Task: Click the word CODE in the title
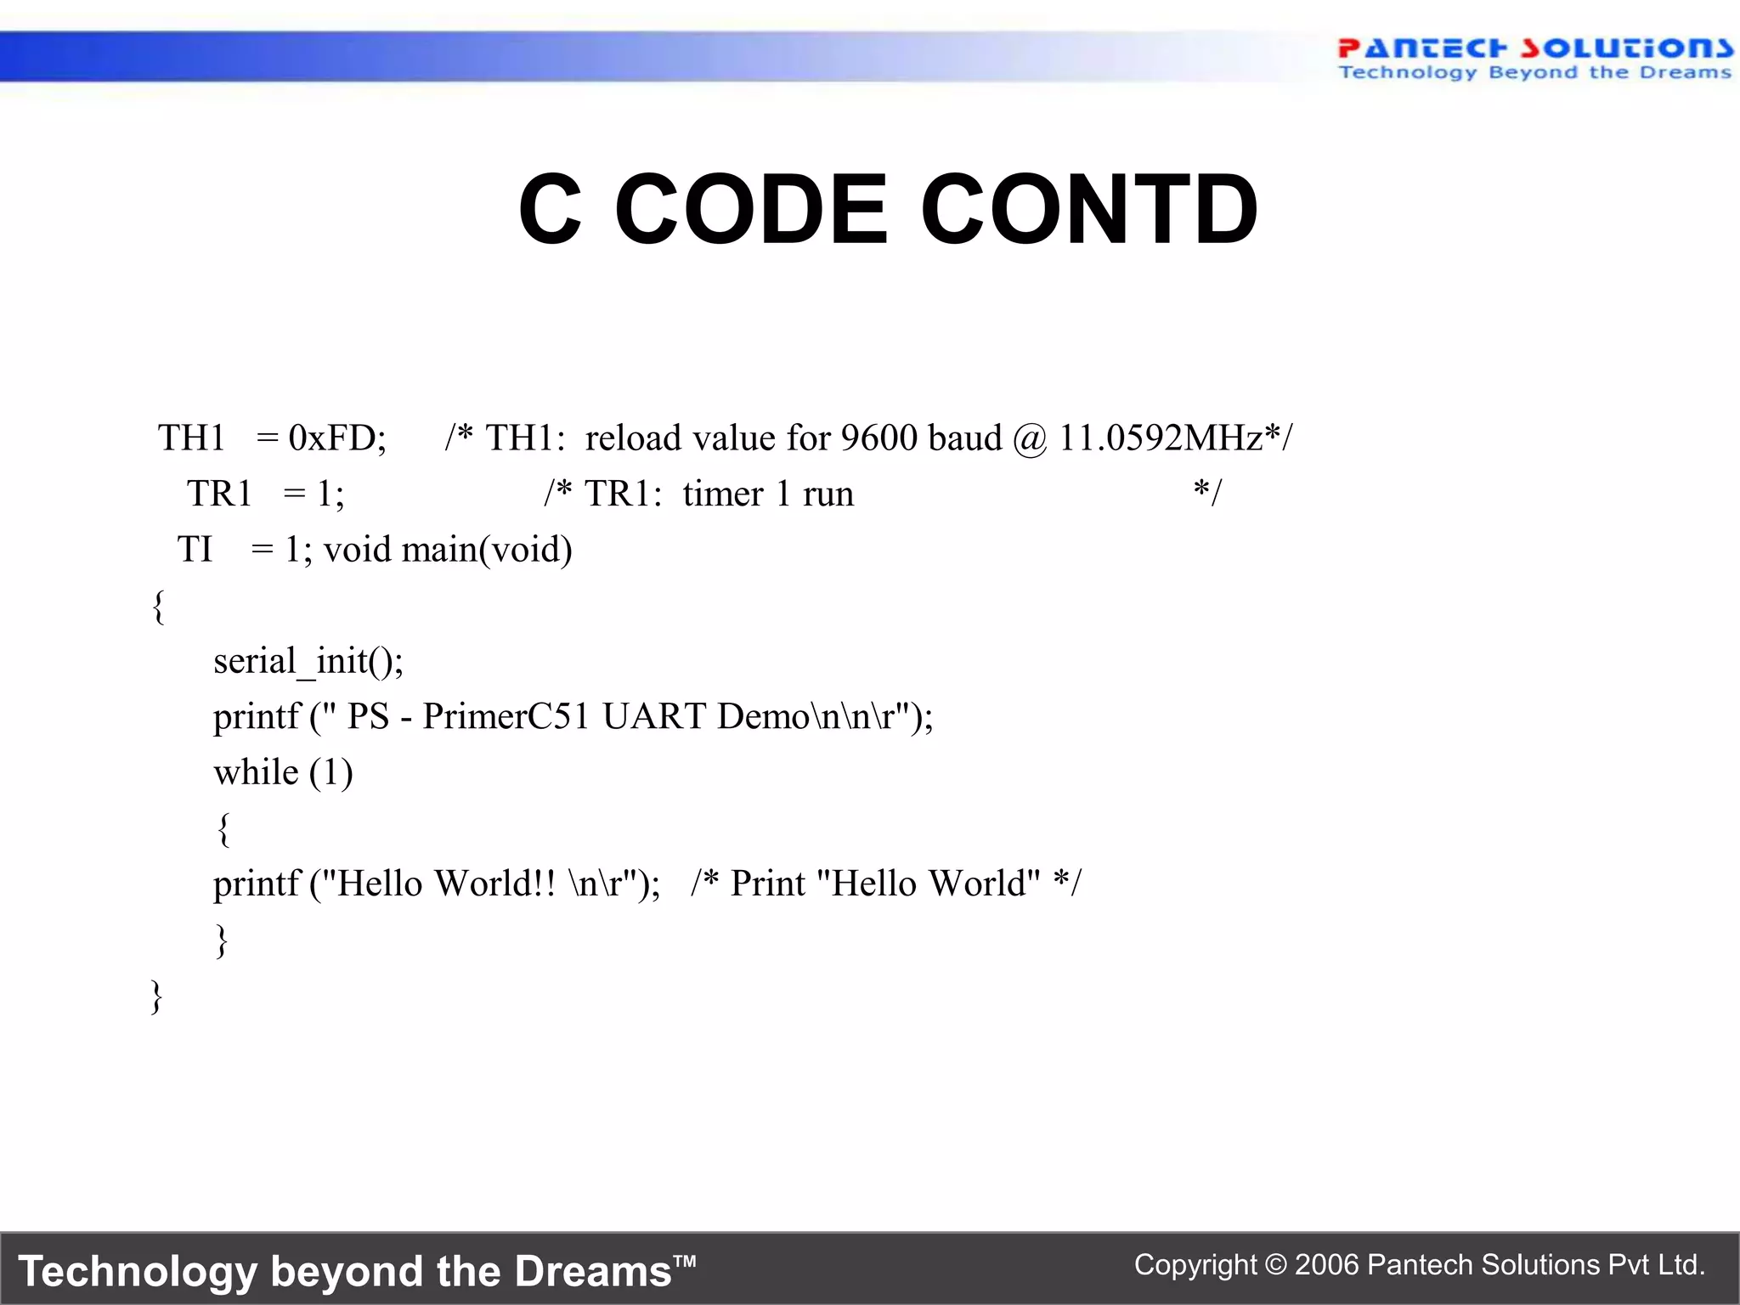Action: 750,209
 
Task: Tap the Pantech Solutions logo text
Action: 1534,48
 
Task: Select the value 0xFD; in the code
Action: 337,438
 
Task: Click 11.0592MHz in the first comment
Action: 1160,438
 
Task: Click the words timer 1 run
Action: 767,494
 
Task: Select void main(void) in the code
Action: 448,550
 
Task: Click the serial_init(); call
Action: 308,661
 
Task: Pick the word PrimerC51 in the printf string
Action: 506,716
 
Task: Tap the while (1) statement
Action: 283,772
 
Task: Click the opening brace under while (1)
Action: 223,829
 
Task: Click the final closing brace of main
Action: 156,996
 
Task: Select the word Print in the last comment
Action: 767,884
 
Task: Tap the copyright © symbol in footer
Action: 1275,1265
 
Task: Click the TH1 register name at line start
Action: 191,438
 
